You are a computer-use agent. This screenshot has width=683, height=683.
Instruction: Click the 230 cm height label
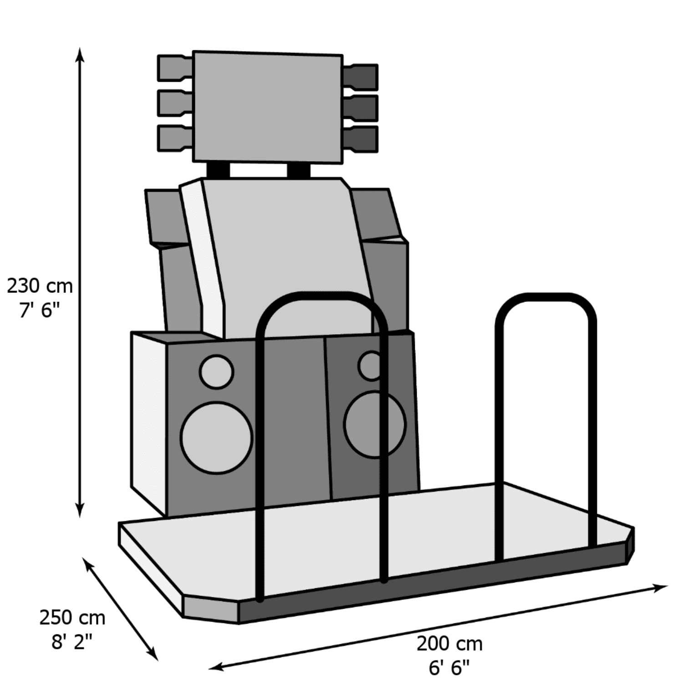(40, 286)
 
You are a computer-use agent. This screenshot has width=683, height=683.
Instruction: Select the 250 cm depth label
(72, 618)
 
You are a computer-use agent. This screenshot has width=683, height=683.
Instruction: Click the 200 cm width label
(449, 644)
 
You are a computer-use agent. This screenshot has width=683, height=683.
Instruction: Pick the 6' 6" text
(449, 668)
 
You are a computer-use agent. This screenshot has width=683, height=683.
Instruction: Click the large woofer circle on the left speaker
(216, 437)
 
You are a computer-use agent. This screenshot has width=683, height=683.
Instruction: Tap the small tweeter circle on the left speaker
(216, 372)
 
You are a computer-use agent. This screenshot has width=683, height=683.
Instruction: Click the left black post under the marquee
(218, 170)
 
